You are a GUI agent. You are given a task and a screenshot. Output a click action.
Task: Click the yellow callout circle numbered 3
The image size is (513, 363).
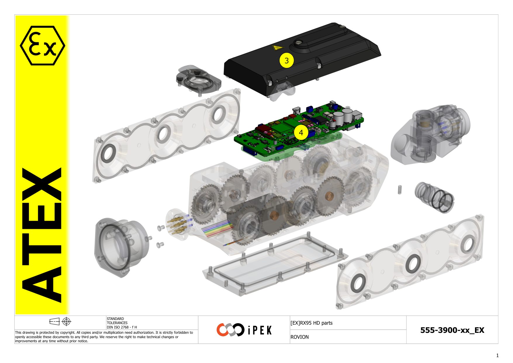[286, 60]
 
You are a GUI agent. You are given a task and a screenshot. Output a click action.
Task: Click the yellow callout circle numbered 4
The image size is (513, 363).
[301, 133]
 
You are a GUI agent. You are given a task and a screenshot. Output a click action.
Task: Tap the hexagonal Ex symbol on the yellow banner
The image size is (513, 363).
[42, 45]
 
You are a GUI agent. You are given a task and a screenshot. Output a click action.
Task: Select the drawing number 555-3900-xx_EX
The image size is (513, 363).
[452, 330]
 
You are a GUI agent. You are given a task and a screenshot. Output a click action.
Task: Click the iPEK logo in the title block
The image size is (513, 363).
[244, 330]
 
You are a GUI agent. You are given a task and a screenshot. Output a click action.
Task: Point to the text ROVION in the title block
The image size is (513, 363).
[299, 337]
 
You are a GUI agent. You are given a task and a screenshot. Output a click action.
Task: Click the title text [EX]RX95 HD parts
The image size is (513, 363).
[311, 323]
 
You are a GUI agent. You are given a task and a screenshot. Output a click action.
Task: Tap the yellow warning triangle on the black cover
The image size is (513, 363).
[278, 47]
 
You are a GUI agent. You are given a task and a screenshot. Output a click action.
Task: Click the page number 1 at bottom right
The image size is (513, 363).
[497, 355]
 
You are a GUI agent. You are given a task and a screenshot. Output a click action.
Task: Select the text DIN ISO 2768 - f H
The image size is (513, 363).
[122, 327]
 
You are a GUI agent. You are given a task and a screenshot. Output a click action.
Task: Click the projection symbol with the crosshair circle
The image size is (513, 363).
[67, 321]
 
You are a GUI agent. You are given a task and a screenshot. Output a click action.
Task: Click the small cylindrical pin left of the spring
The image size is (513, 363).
[400, 189]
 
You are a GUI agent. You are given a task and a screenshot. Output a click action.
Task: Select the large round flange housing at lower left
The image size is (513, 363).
[120, 246]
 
